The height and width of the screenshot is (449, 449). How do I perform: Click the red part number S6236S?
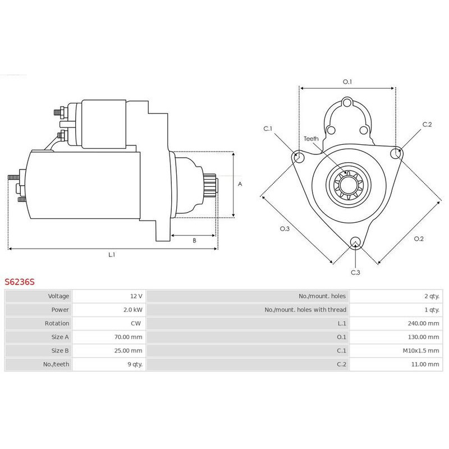20,282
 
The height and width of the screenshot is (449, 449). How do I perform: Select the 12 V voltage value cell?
135,296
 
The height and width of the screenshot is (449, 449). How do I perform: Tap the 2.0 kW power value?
132,309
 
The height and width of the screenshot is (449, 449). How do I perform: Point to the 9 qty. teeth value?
135,364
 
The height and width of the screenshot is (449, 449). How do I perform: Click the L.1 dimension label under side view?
112,255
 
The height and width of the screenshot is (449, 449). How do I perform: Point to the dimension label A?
240,184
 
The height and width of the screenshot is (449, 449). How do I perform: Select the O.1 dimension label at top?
347,82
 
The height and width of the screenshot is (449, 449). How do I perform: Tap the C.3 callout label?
355,272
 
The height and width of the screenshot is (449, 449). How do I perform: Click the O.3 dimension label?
285,229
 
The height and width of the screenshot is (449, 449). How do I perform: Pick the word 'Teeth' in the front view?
311,138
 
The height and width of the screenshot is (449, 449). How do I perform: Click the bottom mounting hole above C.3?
355,242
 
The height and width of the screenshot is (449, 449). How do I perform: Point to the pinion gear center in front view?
347,185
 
